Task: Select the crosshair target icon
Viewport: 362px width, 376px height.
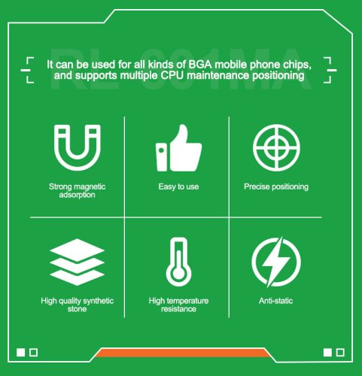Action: (x=276, y=147)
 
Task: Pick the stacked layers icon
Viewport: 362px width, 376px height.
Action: (x=78, y=262)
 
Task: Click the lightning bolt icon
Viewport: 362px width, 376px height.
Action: (x=276, y=262)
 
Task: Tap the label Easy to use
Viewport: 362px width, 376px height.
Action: (x=178, y=186)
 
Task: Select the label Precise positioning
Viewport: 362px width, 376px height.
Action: (x=276, y=186)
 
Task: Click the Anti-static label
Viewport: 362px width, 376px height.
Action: (x=275, y=301)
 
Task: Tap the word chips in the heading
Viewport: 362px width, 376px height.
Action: (x=297, y=65)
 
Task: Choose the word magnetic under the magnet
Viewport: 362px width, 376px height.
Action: (x=91, y=186)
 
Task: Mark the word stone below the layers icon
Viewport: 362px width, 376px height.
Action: (x=77, y=309)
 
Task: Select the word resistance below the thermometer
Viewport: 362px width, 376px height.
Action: (x=178, y=309)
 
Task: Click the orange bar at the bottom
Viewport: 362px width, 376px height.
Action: (x=182, y=353)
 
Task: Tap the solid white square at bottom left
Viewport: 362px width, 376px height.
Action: (x=21, y=352)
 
